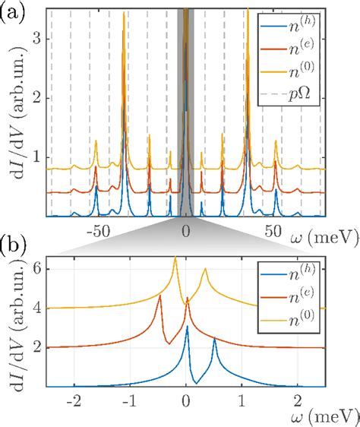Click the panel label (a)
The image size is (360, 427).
pyautogui.click(x=14, y=11)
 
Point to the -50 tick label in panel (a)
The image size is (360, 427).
pyautogui.click(x=99, y=230)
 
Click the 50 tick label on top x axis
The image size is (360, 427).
pyautogui.click(x=274, y=230)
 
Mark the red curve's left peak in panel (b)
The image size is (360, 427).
pyautogui.click(x=159, y=296)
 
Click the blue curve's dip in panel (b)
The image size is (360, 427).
pyautogui.click(x=196, y=382)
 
